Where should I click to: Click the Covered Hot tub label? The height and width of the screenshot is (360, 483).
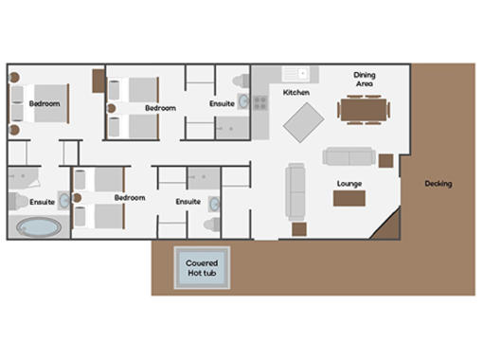[202, 268]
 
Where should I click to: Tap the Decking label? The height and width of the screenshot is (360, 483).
[438, 184]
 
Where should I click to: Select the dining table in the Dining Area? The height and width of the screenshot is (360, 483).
[364, 110]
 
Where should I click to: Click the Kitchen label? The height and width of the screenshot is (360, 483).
[296, 93]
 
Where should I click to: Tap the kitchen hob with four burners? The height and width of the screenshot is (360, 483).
[260, 103]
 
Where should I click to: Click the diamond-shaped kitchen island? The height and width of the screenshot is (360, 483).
[303, 122]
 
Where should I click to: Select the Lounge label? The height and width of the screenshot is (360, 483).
[349, 184]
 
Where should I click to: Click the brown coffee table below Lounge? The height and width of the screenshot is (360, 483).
[349, 198]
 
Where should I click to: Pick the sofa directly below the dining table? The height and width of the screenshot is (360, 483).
[349, 156]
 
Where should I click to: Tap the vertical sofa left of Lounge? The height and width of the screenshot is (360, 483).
[295, 191]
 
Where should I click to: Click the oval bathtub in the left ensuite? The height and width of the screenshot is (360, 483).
[39, 227]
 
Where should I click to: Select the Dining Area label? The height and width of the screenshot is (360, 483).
[365, 80]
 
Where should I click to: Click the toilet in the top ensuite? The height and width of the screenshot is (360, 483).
[241, 81]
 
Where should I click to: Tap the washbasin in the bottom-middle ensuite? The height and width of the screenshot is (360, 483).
[214, 204]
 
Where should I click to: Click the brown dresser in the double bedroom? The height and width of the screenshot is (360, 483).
[98, 81]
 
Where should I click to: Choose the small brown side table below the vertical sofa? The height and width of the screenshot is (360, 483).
[299, 229]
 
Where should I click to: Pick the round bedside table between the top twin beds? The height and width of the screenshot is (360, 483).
[111, 108]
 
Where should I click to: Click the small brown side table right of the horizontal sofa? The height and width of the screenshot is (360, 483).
[385, 161]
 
